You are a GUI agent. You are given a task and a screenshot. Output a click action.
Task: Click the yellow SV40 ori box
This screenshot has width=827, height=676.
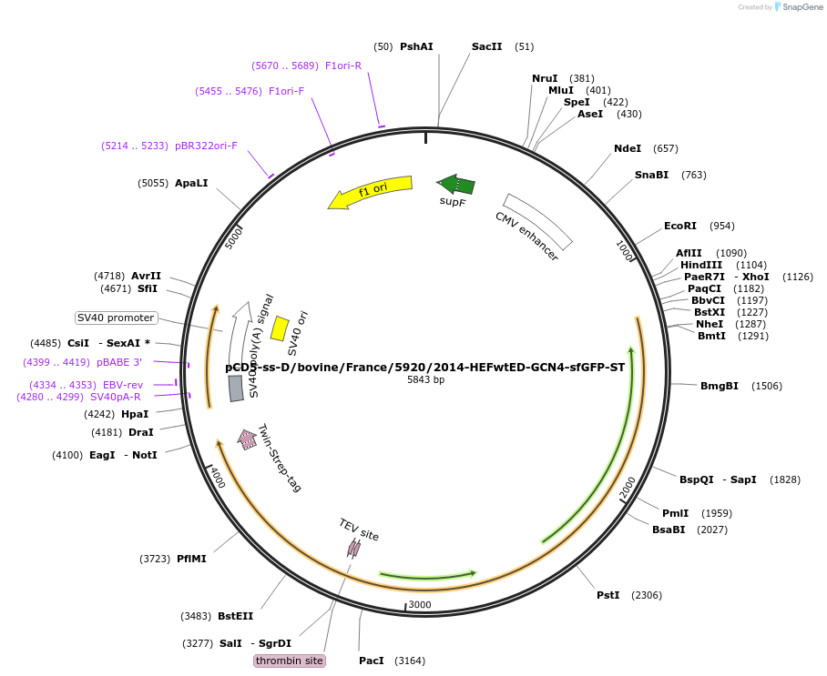[x=280, y=328]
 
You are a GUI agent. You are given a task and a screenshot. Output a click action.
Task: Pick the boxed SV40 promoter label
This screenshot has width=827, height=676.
[x=116, y=318]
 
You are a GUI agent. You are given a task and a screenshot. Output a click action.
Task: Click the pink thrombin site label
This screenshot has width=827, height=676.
[x=290, y=661]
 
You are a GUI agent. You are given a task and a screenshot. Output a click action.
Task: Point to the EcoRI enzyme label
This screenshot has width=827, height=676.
[x=679, y=226]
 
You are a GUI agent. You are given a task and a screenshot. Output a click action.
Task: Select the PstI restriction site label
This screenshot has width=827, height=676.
[x=607, y=595]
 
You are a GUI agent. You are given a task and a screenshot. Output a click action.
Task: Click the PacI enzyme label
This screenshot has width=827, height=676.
[x=372, y=661]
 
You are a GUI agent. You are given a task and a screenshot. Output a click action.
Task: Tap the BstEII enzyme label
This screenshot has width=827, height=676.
[x=235, y=616]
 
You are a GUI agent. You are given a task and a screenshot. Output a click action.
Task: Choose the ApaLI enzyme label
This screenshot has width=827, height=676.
[x=191, y=183]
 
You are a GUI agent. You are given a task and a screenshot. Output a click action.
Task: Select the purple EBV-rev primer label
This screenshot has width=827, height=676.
[x=123, y=385]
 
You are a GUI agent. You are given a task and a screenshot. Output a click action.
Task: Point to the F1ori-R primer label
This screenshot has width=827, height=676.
[x=343, y=66]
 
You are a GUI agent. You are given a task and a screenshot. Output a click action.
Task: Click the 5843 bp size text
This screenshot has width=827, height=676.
[x=425, y=379]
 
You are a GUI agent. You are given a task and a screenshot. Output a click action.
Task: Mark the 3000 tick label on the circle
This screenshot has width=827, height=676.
[x=419, y=605]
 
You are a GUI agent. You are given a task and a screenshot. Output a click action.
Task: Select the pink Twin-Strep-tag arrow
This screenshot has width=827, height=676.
[x=247, y=439]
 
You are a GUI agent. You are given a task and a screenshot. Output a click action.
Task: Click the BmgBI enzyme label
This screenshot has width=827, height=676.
[x=719, y=386]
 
